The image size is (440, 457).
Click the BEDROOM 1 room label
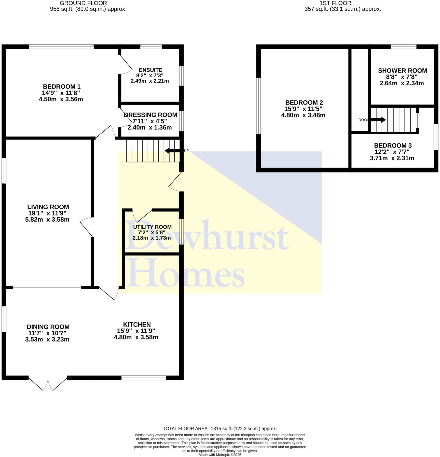pos(62,87)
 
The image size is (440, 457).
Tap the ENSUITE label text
pos(150,70)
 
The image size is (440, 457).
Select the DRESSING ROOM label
pos(150,115)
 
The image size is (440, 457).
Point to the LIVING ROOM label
pos(48,207)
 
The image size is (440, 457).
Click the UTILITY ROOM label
pos(152,227)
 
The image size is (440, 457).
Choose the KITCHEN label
pos(137,324)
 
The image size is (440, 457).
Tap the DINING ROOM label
pos(48,327)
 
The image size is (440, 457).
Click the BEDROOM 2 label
pos(304,103)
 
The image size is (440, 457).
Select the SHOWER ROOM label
pos(402,70)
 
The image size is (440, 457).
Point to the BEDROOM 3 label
pos(393,146)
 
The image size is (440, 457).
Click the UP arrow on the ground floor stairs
pos(172,151)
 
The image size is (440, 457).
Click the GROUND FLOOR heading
pos(83,3)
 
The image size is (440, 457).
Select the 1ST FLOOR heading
pos(335,3)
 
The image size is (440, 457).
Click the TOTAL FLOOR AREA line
pos(220,429)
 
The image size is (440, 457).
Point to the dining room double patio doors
pos(48,383)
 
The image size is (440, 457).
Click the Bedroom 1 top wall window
pos(61,47)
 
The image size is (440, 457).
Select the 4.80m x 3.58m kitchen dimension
pos(136,337)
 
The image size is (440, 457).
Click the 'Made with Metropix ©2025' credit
pos(220,455)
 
